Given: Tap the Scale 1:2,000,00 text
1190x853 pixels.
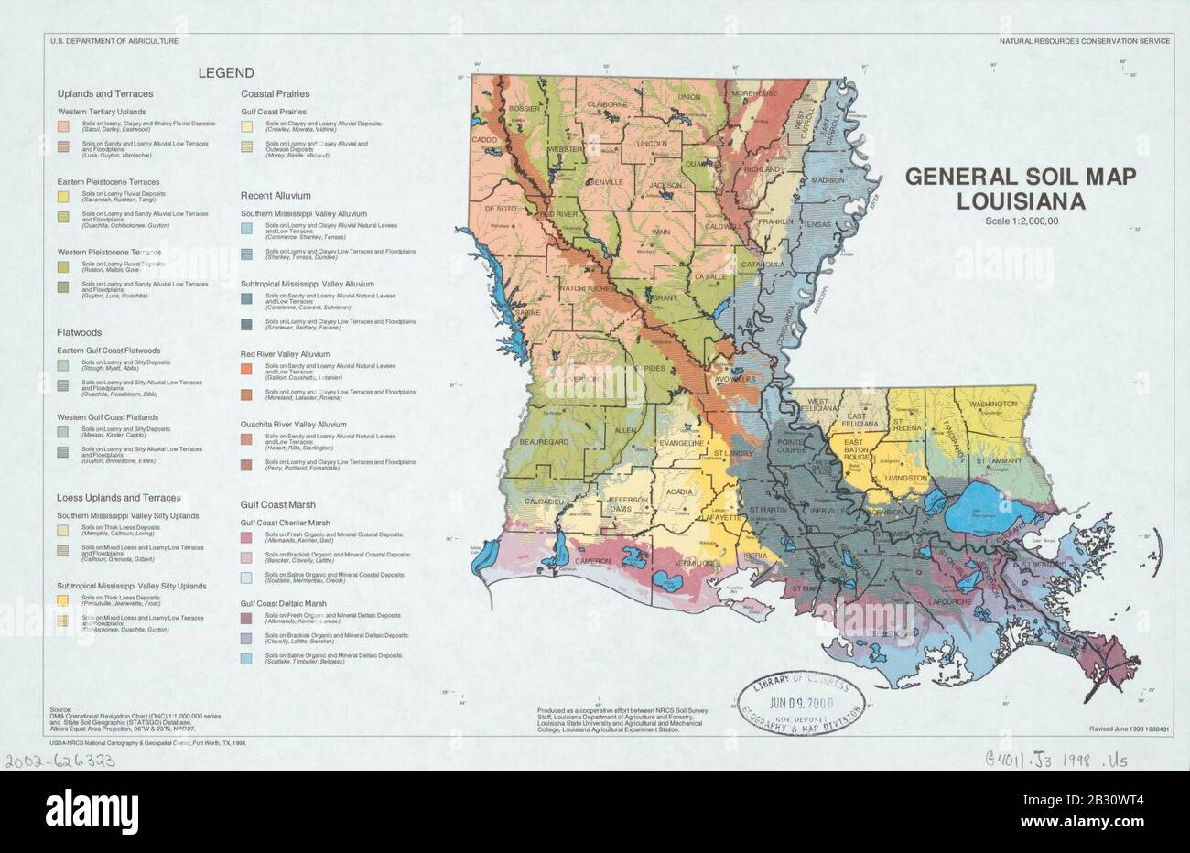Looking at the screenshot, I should [1022, 220].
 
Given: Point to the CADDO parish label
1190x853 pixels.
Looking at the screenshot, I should [483, 140].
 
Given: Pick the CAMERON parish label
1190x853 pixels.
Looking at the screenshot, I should [593, 561].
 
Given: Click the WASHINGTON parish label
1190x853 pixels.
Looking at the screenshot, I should [992, 404].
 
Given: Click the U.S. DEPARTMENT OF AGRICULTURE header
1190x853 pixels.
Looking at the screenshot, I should [114, 42].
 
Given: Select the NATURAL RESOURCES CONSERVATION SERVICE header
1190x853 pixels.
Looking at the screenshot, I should [1084, 42].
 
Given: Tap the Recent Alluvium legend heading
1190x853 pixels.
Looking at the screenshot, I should [276, 196].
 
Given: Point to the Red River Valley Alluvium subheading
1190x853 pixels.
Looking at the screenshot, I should [285, 354].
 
